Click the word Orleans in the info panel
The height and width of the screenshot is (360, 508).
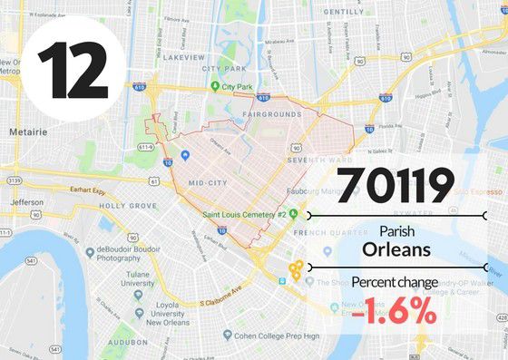tap(396, 248)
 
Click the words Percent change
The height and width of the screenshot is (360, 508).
tap(396, 282)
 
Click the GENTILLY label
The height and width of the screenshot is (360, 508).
tap(344, 12)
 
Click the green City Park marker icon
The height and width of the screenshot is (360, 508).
tap(215, 87)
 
